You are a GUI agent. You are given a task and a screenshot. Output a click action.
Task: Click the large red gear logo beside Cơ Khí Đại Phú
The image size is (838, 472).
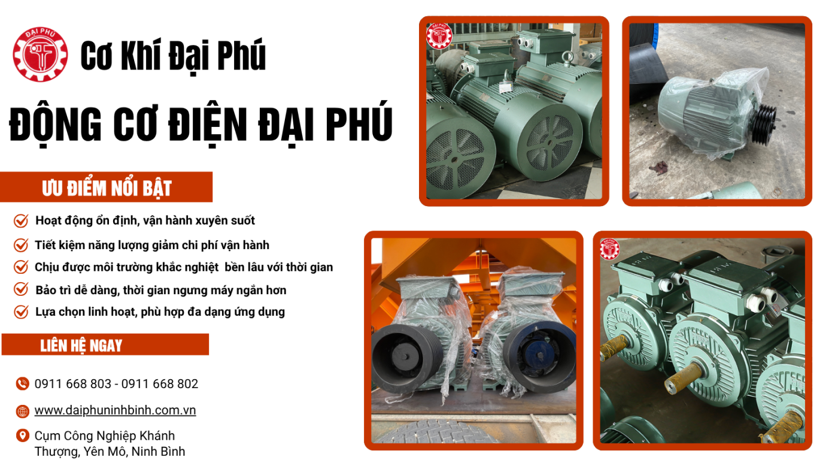[41, 55]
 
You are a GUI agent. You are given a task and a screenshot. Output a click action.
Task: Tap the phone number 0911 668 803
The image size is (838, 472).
[73, 384]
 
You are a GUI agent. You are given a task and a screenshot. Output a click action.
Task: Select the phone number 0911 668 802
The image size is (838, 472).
[160, 384]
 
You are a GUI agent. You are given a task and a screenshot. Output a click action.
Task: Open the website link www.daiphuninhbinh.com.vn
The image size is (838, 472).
[115, 411]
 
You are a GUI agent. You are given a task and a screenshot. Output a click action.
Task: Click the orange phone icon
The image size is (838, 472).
[23, 384]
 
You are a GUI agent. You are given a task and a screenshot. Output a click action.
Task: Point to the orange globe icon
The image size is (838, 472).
[23, 412]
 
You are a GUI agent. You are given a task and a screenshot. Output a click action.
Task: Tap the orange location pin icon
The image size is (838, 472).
[23, 435]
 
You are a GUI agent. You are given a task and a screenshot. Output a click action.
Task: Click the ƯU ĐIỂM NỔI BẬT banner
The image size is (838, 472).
[107, 187]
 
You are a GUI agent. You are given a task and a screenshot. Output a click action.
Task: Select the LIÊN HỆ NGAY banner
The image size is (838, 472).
[105, 344]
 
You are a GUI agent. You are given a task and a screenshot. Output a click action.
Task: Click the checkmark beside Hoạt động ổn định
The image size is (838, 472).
[21, 220]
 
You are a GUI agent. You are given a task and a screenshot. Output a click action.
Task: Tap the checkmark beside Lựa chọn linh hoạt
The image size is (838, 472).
[21, 311]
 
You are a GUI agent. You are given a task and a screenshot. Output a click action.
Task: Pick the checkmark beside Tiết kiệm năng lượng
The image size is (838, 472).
[21, 245]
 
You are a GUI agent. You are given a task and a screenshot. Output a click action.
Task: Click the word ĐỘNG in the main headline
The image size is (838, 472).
[55, 124]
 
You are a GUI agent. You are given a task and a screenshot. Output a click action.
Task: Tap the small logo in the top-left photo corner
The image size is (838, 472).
[439, 36]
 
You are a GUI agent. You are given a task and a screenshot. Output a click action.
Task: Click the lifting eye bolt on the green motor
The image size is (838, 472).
[567, 58]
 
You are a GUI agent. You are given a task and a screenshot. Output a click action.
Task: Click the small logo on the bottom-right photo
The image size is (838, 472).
[609, 249]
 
